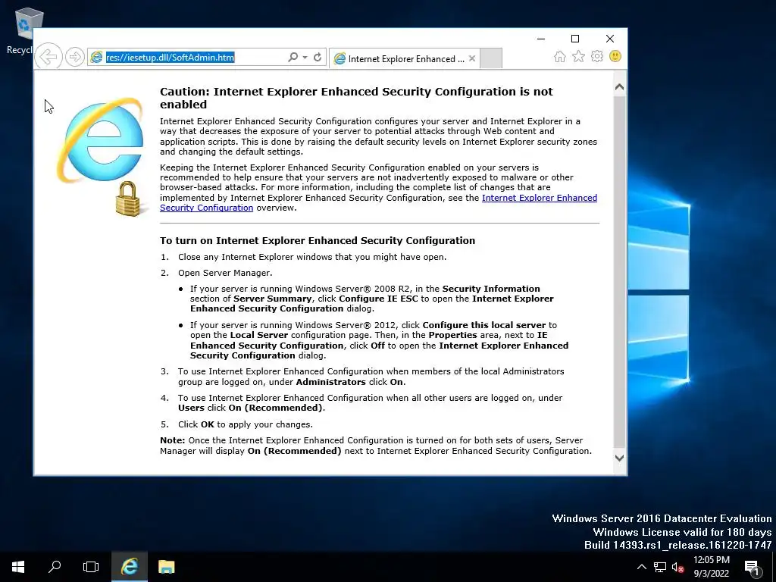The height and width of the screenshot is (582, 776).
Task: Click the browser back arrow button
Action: [48, 57]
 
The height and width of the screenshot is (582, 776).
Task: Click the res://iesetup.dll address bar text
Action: [170, 58]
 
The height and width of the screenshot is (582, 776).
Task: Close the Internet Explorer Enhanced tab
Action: [472, 58]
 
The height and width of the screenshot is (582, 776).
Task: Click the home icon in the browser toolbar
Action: [559, 57]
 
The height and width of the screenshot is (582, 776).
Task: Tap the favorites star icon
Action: [578, 57]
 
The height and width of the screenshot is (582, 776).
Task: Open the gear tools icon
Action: [597, 57]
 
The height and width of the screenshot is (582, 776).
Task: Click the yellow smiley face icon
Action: [615, 57]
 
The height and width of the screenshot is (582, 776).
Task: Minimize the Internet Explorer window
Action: [541, 39]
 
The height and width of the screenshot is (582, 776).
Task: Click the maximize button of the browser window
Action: [575, 39]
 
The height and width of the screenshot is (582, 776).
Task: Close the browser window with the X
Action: [610, 39]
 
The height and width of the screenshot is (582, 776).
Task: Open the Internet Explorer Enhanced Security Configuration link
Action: [539, 198]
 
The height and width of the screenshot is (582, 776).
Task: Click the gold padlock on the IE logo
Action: [128, 199]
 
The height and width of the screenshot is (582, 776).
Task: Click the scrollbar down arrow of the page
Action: [619, 458]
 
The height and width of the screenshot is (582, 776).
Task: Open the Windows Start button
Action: [18, 566]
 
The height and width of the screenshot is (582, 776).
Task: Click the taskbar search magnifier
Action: [55, 566]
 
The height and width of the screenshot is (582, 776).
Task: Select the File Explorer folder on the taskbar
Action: [166, 566]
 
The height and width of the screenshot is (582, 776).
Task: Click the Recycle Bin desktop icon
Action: [28, 27]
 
